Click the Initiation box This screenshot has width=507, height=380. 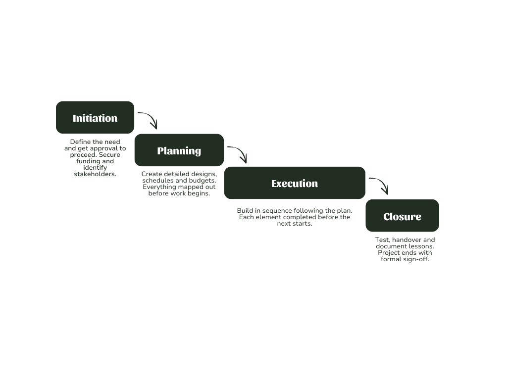[x=95, y=118]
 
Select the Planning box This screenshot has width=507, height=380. [x=179, y=150]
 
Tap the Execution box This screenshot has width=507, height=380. [x=295, y=183]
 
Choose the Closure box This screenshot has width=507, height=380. [x=402, y=216]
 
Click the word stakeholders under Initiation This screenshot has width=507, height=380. [x=95, y=174]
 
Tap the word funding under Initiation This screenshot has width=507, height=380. [x=88, y=161]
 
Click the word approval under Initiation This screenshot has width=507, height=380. [x=103, y=148]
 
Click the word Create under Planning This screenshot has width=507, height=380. [x=152, y=174]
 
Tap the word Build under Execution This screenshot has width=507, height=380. [x=245, y=211]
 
